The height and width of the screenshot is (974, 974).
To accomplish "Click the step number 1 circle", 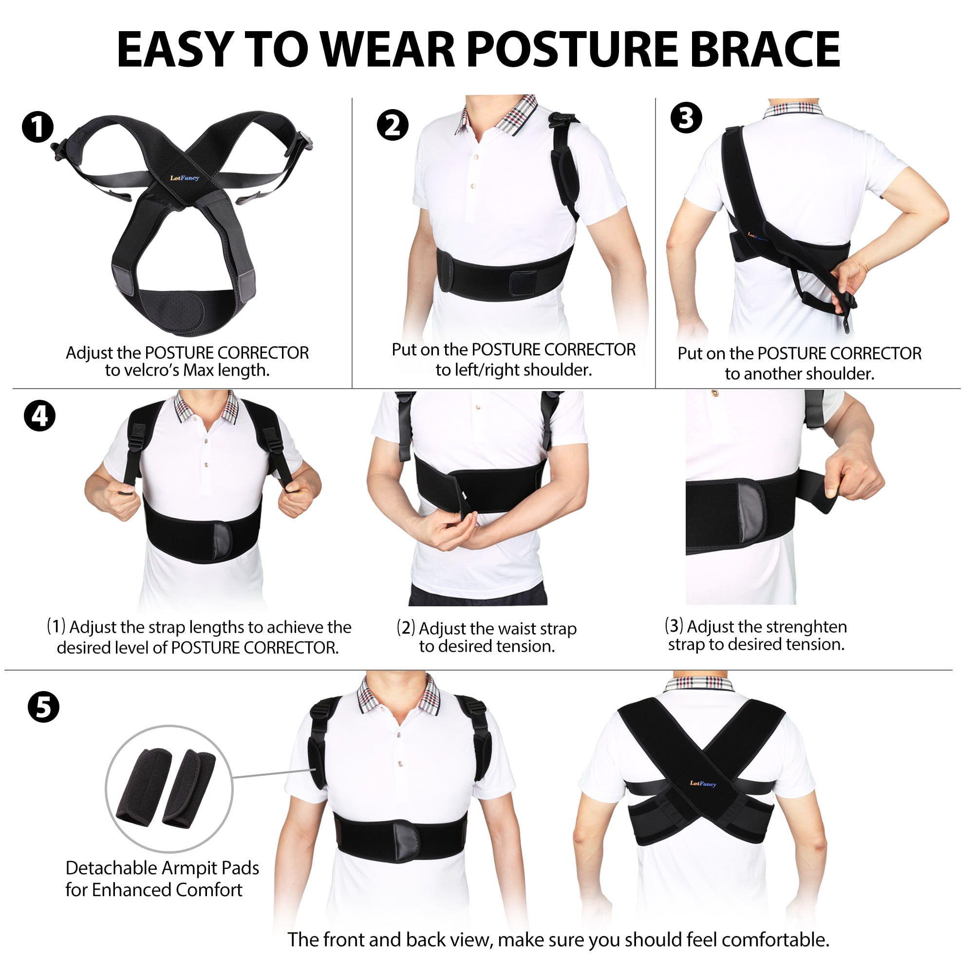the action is [x=38, y=128].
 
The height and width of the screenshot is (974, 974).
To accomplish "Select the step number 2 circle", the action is [x=393, y=125].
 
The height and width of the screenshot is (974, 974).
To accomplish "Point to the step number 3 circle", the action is [x=686, y=118].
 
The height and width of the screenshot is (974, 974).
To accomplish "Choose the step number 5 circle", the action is [x=43, y=707].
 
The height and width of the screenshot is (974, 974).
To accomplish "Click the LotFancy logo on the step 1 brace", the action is [x=185, y=177].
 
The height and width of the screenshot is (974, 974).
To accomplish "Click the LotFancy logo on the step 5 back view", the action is [x=703, y=783].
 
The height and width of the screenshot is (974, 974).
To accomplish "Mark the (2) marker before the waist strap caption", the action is [x=405, y=628].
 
